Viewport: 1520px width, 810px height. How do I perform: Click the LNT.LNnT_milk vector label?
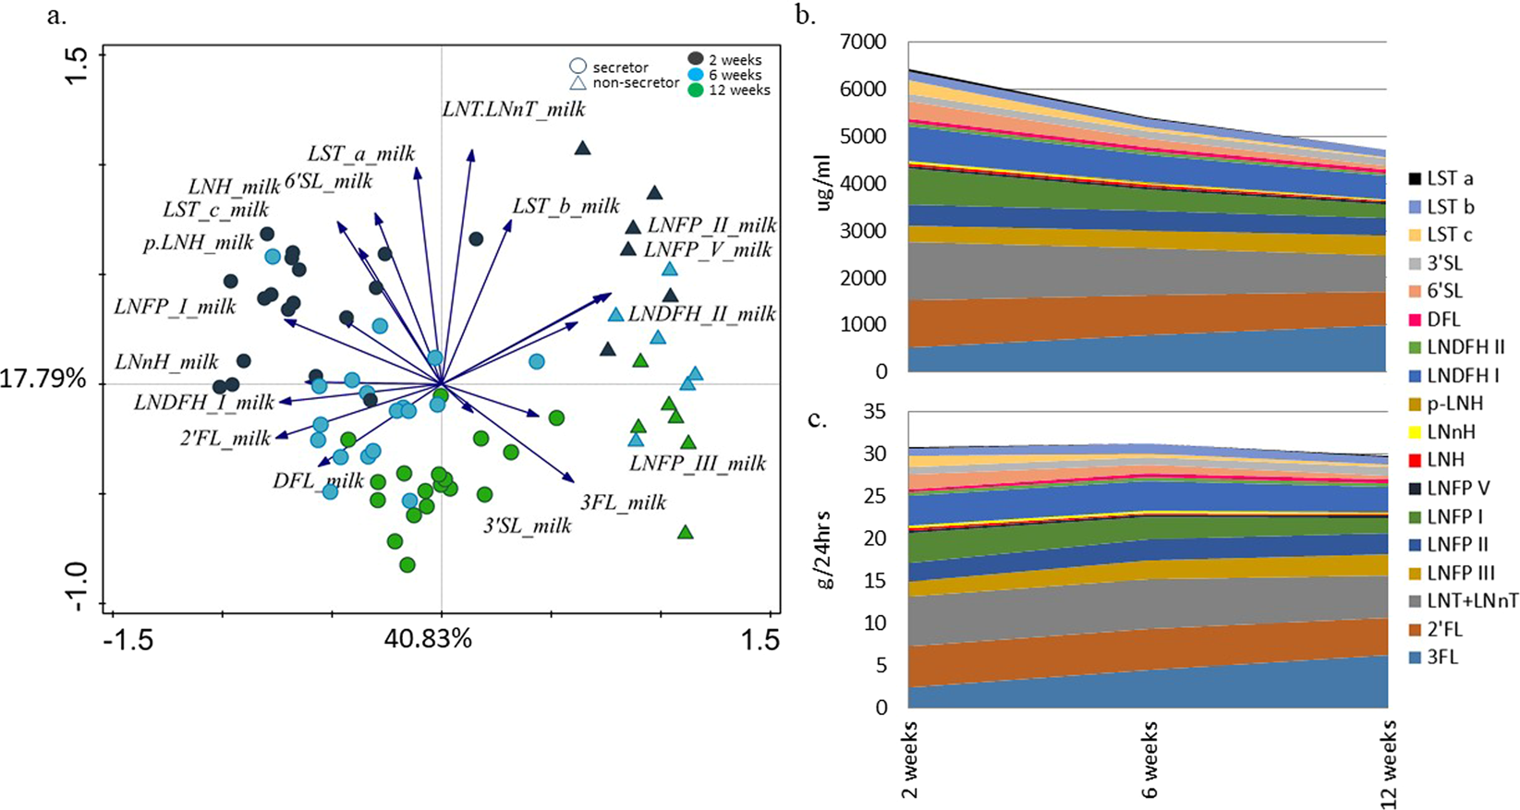coord(514,109)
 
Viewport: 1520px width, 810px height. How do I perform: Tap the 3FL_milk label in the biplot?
coord(623,502)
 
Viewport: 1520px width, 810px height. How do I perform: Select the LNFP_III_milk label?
coord(698,464)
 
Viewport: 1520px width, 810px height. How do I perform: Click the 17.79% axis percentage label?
coord(43,379)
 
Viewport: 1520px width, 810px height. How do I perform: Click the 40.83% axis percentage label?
coord(428,638)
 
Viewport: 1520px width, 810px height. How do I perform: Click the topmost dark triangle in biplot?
coord(582,148)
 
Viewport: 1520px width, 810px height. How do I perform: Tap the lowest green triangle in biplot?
coord(685,532)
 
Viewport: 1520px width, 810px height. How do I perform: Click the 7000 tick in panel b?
coord(862,42)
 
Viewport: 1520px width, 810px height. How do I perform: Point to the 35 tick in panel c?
coord(874,412)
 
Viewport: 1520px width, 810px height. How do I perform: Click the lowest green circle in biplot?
coord(407,564)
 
